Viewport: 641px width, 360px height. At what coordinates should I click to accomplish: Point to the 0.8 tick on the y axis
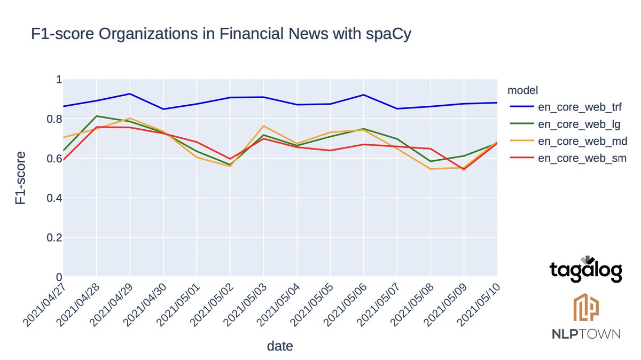[x=53, y=119]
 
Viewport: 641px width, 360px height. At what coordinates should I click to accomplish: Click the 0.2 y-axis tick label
[x=53, y=238]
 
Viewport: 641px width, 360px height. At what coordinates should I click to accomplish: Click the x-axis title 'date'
[x=280, y=346]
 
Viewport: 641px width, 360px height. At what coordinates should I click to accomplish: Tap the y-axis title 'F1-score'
[x=20, y=178]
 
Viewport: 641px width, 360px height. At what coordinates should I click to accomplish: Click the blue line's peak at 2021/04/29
[x=130, y=94]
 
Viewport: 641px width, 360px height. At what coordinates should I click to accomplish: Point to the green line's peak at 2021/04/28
[x=97, y=116]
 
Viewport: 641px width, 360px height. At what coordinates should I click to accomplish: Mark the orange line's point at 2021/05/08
[x=431, y=169]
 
